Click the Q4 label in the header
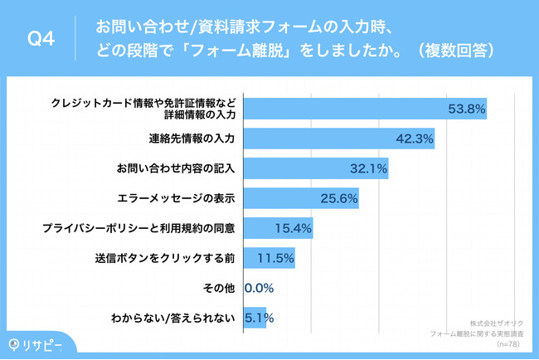[41, 39]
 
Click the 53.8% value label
[466, 109]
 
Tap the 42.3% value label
[415, 139]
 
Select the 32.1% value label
[368, 168]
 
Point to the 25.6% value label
[338, 198]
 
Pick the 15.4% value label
[293, 228]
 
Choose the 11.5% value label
[275, 258]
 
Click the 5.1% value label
[259, 318]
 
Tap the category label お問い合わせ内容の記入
[177, 168]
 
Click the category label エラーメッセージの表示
[177, 198]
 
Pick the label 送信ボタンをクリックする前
[165, 258]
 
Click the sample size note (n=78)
[503, 342]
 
